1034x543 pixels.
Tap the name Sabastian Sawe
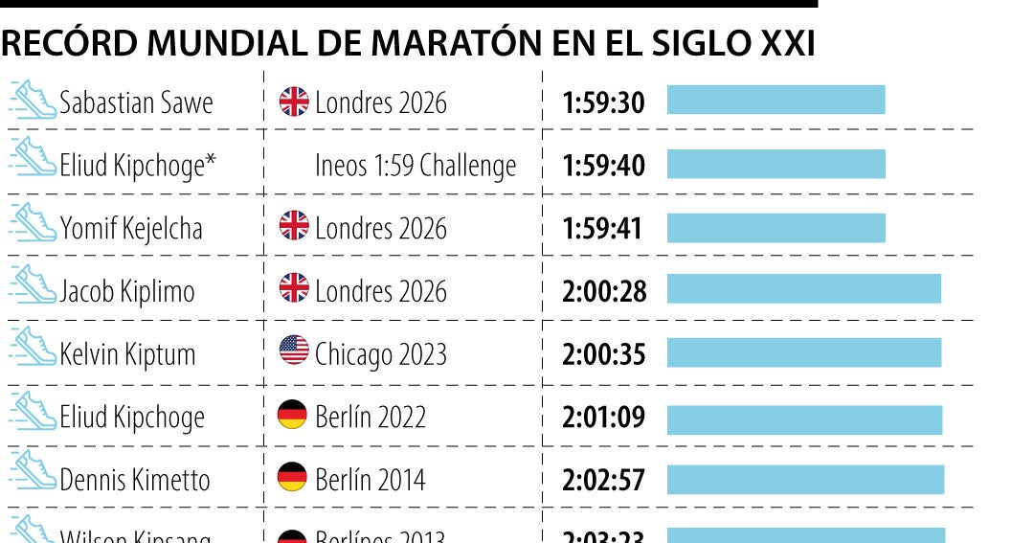tap(136, 102)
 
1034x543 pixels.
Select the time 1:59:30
tap(603, 102)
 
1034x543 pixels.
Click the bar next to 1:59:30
tap(775, 101)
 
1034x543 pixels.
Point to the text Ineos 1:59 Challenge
tap(416, 166)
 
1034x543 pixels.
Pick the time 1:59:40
tap(603, 166)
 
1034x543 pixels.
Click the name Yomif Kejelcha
tap(131, 228)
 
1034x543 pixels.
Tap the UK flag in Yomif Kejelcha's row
tap(294, 227)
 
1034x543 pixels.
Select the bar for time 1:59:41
tap(775, 227)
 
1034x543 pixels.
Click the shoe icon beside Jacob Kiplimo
tap(33, 286)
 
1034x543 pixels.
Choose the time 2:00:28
tap(604, 291)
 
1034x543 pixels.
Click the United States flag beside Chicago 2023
tap(294, 351)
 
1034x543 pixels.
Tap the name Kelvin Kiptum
tap(127, 354)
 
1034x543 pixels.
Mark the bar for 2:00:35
tap(803, 352)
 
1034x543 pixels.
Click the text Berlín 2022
tap(371, 417)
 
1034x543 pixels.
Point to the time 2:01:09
tap(604, 417)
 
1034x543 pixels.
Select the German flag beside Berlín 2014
tap(292, 477)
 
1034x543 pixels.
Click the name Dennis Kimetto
tap(134, 480)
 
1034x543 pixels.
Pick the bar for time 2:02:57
tap(805, 479)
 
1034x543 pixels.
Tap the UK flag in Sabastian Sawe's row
tap(294, 102)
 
